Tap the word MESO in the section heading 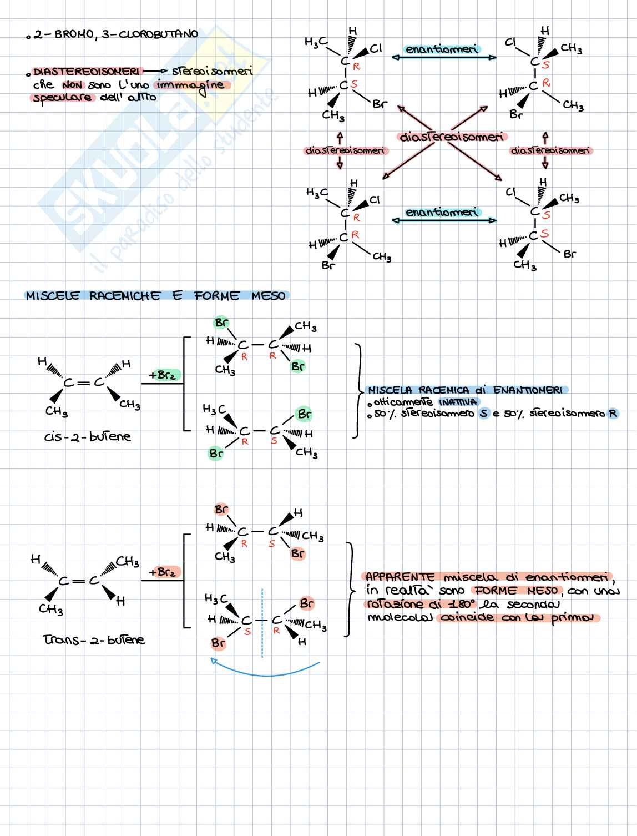click(x=268, y=296)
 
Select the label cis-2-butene click(x=88, y=437)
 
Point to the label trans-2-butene click(x=94, y=639)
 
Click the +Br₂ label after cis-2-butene click(x=161, y=376)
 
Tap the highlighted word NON click(x=72, y=85)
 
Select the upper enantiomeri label click(x=442, y=49)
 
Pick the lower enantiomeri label click(x=442, y=213)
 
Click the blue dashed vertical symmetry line click(x=262, y=622)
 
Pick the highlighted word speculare click(x=62, y=98)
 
